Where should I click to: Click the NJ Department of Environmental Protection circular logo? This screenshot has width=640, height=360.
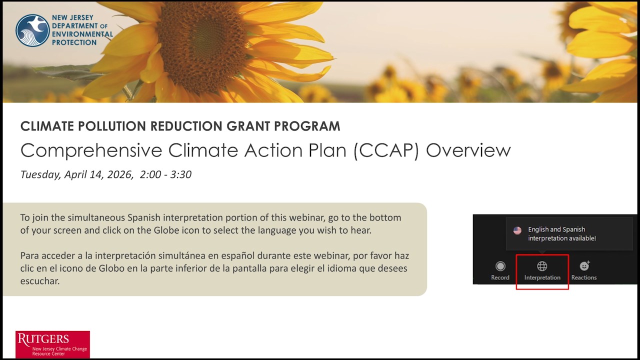(32, 30)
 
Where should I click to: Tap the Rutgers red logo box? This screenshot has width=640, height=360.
(52, 344)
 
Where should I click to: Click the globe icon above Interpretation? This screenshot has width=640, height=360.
(542, 266)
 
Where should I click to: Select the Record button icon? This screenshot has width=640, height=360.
(500, 266)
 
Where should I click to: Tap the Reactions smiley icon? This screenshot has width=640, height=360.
(584, 266)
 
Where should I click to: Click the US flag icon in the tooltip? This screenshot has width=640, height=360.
(517, 230)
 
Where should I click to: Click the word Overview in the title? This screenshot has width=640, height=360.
(468, 150)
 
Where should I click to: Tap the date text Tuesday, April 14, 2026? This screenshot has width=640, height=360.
(76, 174)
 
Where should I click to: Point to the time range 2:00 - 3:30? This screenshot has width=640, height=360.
(165, 174)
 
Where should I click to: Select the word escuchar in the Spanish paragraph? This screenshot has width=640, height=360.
(40, 281)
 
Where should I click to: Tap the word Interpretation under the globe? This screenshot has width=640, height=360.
(542, 277)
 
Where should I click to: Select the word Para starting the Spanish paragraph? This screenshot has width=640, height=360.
(29, 256)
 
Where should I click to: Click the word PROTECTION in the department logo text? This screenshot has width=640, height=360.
(74, 42)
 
